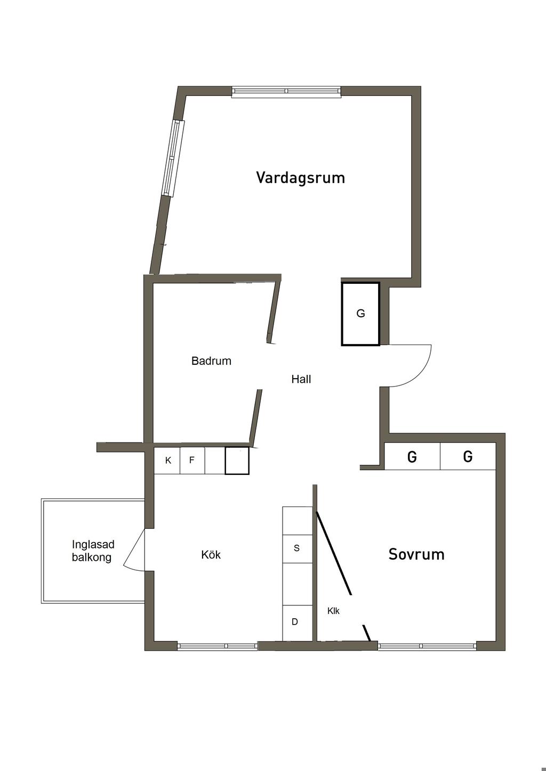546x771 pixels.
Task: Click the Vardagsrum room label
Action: point(300,177)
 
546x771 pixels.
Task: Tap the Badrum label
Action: point(211,361)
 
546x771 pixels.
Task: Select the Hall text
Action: point(301,379)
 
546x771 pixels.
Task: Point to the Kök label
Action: point(211,555)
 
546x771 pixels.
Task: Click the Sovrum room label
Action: point(416,554)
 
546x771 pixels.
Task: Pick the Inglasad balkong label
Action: point(93,551)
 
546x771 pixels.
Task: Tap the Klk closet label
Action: point(333,611)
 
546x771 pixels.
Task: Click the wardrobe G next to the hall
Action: point(361,314)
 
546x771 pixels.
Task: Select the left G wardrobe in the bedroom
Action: point(412,457)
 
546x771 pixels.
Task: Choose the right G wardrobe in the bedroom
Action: point(468,457)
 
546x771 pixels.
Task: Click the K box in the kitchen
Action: point(168,461)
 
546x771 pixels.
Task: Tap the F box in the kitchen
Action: point(192,461)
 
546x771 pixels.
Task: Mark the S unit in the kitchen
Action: point(297,548)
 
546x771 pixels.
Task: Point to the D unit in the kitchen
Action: point(295,622)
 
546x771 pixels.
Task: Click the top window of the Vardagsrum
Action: point(286,92)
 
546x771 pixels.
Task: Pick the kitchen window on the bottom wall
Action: point(217,646)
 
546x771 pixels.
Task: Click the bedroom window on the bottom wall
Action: point(427,646)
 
